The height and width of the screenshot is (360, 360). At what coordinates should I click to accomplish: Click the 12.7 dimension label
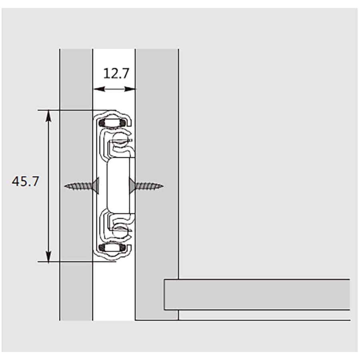tap(116, 74)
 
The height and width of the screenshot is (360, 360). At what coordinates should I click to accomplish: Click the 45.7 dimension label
tap(25, 181)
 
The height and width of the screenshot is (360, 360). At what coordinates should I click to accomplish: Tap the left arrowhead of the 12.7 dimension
tap(99, 89)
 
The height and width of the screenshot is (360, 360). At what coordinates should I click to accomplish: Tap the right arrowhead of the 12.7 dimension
tap(130, 89)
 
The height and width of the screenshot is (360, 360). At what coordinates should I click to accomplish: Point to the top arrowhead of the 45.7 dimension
tap(48, 116)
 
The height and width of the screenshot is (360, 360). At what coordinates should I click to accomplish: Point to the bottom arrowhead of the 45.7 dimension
tap(48, 256)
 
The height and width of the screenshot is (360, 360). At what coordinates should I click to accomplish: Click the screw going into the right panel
tap(146, 186)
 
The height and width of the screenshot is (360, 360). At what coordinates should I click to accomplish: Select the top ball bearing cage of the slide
tap(112, 123)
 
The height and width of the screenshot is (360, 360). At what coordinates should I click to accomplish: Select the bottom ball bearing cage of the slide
tap(112, 248)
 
